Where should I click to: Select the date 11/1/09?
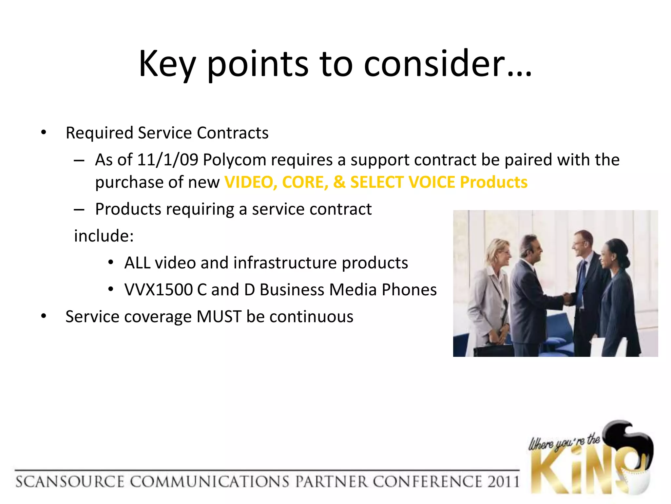pos(167,160)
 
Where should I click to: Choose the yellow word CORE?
pos(305,182)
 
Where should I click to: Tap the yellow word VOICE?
pos(431,182)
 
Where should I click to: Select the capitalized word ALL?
pos(137,263)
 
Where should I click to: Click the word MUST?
pos(219,317)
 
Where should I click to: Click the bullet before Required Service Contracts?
pos(44,133)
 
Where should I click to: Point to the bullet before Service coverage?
pos(44,317)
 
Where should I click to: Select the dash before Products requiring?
pos(79,209)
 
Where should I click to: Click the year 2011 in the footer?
pos(503,482)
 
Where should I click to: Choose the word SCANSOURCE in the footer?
pos(69,482)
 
